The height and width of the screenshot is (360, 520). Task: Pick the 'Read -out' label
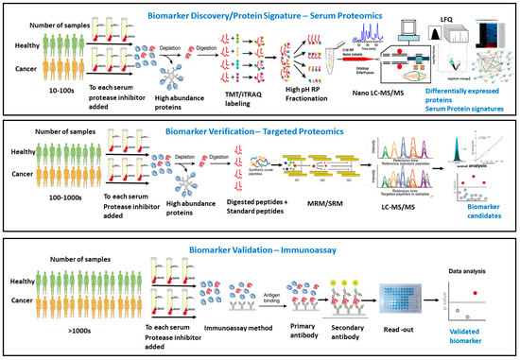tap(403, 332)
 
